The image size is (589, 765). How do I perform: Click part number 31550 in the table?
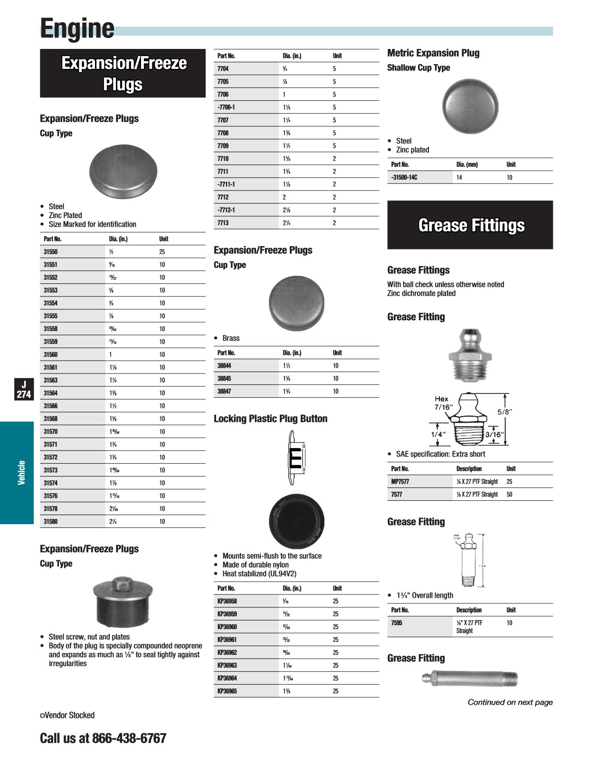[51, 252]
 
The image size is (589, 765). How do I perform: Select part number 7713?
[223, 223]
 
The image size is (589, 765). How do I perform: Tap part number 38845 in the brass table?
[224, 379]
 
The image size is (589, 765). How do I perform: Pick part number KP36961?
[227, 640]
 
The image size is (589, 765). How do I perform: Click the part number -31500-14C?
[404, 178]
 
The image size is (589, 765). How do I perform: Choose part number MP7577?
[400, 482]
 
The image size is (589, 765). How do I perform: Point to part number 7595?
[397, 623]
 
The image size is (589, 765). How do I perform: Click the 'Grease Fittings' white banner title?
[471, 225]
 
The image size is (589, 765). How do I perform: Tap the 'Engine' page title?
[77, 29]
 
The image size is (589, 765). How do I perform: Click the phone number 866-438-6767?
[129, 738]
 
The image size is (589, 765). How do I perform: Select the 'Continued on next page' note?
[510, 702]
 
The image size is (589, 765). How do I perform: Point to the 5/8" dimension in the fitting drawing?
[504, 412]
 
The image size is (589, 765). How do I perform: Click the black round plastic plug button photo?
[296, 521]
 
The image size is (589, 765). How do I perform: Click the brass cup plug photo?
[296, 304]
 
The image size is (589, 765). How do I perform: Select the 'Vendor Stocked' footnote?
[67, 716]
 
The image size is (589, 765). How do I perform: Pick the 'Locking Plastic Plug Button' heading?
[270, 419]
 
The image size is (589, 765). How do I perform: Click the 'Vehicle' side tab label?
[21, 473]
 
